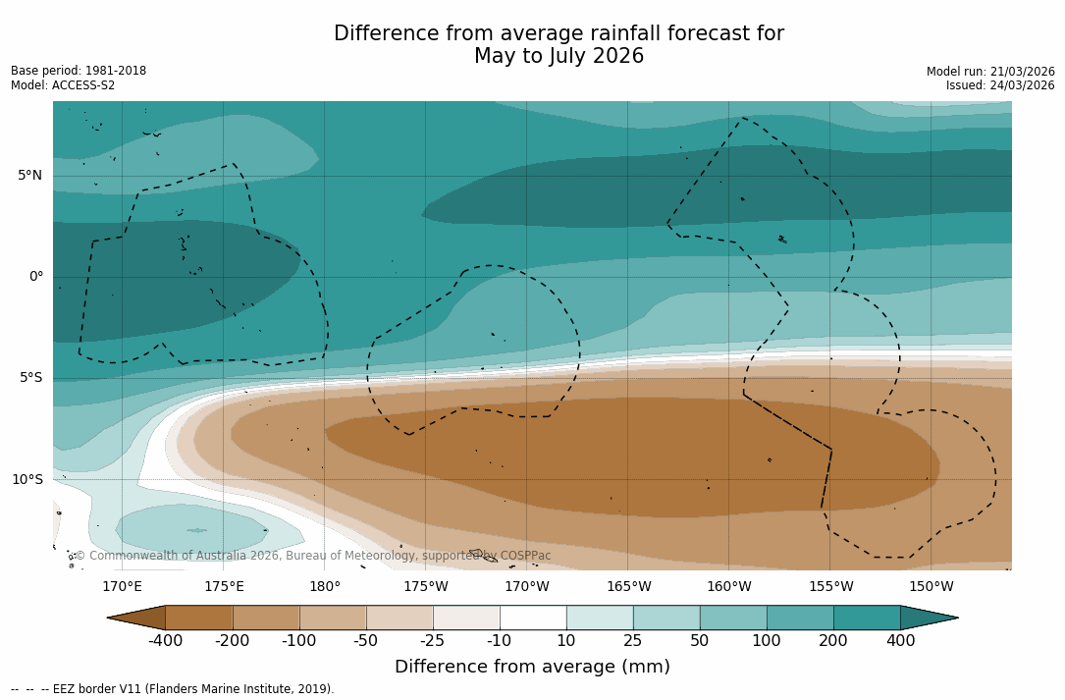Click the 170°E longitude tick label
coord(123,587)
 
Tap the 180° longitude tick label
coord(325,587)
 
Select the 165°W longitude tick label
coord(628,587)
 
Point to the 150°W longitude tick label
coord(931,587)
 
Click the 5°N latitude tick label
coord(29,176)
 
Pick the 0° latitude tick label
coord(35,277)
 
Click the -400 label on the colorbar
coord(166,641)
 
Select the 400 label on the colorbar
coord(900,641)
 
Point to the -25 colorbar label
coord(433,641)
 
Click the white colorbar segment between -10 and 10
coord(533,618)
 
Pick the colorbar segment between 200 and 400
coord(867,618)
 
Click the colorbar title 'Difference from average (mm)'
coord(532,668)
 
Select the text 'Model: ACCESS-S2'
coord(63,85)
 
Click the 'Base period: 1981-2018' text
coord(79,71)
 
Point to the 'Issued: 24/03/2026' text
coord(1000,85)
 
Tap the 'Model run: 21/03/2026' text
coord(990,72)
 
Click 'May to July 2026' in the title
coord(559,56)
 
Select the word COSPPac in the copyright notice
coord(525,556)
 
